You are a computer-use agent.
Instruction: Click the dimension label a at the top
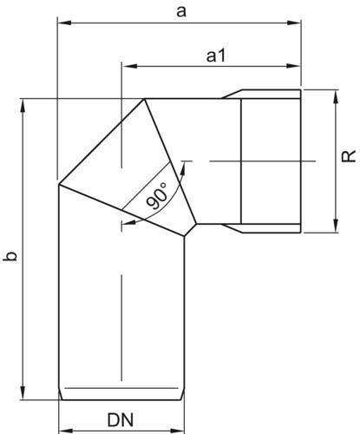181,11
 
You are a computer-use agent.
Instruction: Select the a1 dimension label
216,56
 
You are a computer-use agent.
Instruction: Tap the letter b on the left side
10,256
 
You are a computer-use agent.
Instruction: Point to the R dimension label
349,156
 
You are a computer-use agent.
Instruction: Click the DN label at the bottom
121,420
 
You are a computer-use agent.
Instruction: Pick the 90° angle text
157,195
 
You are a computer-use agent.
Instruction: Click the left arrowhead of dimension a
64,23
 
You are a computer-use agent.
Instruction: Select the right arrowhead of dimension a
294,23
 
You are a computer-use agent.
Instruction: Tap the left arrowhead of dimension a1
129,66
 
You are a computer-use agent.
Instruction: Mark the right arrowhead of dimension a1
293,66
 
